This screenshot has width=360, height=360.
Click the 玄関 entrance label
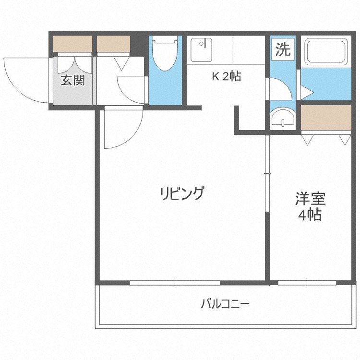point(72,80)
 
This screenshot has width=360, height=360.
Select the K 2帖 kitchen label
point(227,76)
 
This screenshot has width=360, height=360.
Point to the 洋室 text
point(310,198)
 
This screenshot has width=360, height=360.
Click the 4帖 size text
point(310,215)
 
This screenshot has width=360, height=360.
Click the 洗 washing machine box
point(283,49)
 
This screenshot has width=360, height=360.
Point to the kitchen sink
point(201,49)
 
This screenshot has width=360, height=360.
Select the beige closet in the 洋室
point(326,118)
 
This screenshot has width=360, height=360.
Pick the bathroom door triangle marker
point(306,91)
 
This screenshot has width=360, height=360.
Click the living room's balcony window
point(175,283)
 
